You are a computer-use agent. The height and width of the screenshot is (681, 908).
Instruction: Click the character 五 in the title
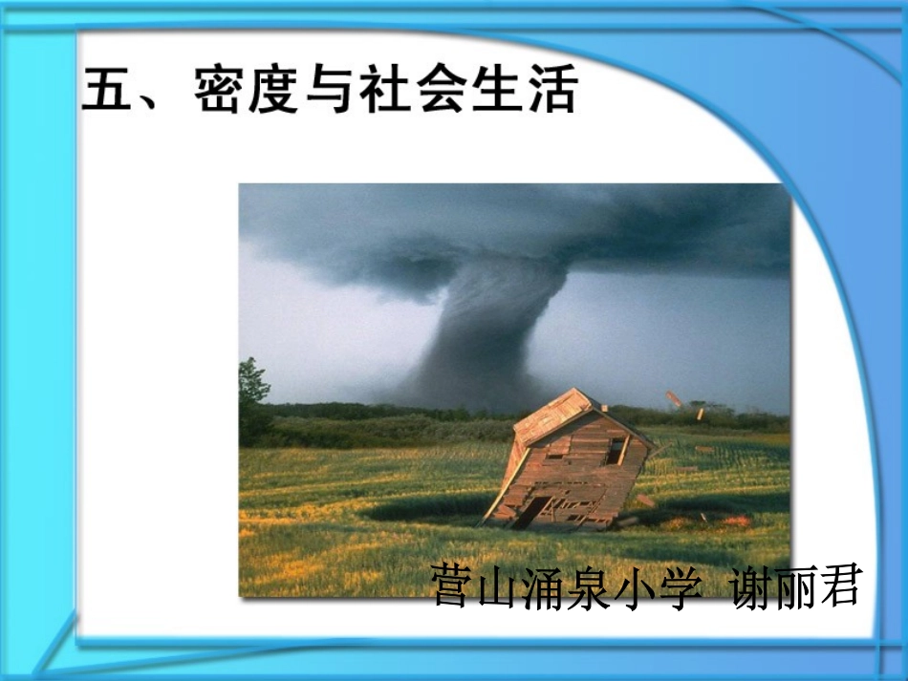(x=107, y=91)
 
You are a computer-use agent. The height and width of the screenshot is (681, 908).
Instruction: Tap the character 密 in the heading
(x=221, y=91)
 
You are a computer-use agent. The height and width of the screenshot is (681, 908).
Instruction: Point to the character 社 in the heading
(x=384, y=91)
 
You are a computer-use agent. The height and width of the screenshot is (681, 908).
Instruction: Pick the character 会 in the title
(x=440, y=91)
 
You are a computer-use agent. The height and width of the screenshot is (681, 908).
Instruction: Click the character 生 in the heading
(x=494, y=91)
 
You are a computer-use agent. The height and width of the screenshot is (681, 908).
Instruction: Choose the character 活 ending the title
(x=550, y=91)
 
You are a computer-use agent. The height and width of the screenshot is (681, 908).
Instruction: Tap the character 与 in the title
(x=331, y=91)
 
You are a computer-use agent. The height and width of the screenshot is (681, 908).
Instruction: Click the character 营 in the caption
(x=453, y=585)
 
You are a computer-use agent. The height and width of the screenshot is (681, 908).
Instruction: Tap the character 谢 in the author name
(x=752, y=585)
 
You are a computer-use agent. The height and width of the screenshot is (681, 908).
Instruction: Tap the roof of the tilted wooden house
(x=554, y=414)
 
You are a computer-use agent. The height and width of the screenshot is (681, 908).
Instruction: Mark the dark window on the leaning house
(x=614, y=451)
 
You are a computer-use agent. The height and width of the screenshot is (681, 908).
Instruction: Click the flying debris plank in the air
(x=676, y=399)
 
